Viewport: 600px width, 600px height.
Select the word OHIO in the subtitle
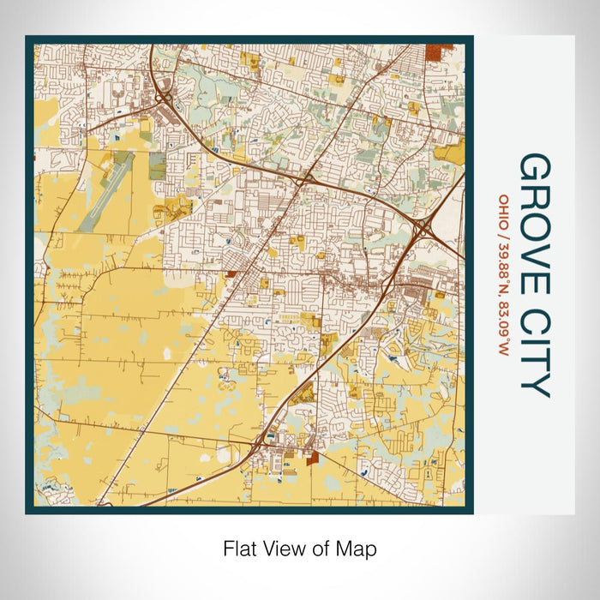point(504,211)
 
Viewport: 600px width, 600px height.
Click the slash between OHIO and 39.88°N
point(504,233)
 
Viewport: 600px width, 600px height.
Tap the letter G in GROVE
point(535,170)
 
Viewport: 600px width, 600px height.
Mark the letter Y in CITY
point(535,386)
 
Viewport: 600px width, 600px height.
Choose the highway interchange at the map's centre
point(303,180)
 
